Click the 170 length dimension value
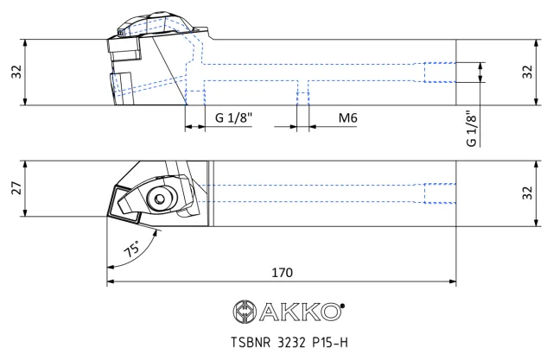(x=283, y=272)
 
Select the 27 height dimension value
(x=16, y=188)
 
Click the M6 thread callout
(x=347, y=117)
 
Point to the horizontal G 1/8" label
(x=234, y=117)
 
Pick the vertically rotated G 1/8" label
(x=471, y=129)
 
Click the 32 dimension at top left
(x=16, y=72)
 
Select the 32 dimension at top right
(x=527, y=72)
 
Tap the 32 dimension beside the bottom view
(x=527, y=193)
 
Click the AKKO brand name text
(x=301, y=312)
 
